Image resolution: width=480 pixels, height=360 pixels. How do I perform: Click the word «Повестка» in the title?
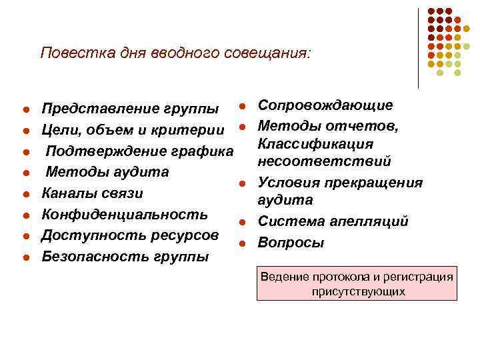(x=70, y=53)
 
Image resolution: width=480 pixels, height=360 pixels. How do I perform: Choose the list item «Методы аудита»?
(x=107, y=172)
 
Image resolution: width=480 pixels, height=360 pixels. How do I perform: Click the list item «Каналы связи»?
(x=93, y=193)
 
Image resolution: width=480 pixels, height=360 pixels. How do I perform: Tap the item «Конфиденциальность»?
(x=125, y=215)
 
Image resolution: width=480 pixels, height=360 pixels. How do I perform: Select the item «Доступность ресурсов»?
(x=130, y=235)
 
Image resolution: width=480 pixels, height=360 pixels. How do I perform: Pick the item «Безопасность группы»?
(x=125, y=257)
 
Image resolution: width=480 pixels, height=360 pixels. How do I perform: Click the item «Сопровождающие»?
(x=325, y=105)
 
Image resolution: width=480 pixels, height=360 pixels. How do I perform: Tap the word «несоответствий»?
(x=325, y=162)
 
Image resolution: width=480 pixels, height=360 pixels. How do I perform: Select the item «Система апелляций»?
(x=333, y=221)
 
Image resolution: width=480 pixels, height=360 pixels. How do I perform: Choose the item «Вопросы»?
(x=291, y=243)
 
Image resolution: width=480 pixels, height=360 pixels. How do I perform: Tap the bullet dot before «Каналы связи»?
(x=25, y=195)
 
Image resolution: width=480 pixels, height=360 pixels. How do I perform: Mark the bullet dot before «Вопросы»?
(x=245, y=243)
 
